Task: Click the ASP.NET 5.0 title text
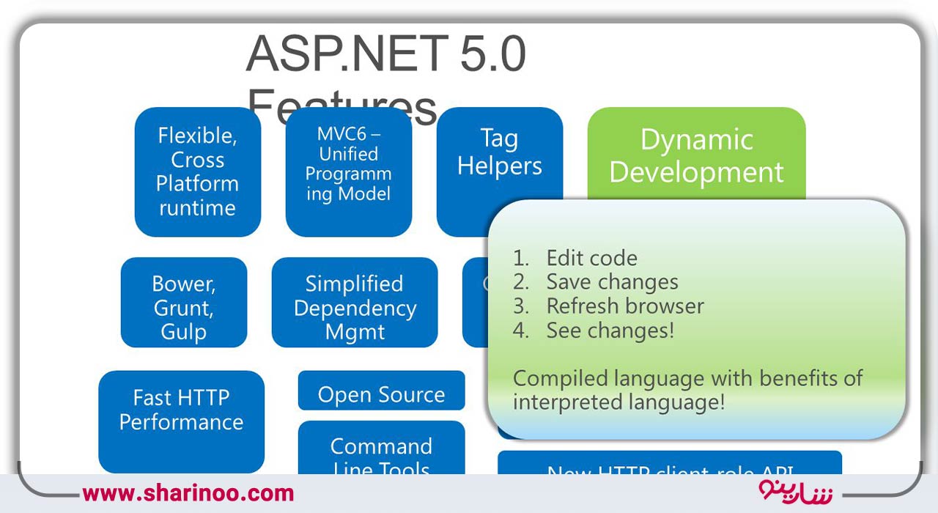(386, 55)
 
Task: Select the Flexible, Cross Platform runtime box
(198, 172)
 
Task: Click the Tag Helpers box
(500, 152)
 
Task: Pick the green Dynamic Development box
(696, 155)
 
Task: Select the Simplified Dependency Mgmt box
(355, 307)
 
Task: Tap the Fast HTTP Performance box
(181, 410)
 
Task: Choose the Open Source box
(381, 394)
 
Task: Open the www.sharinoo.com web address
(188, 493)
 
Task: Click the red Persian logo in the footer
(795, 491)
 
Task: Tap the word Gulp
(183, 332)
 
